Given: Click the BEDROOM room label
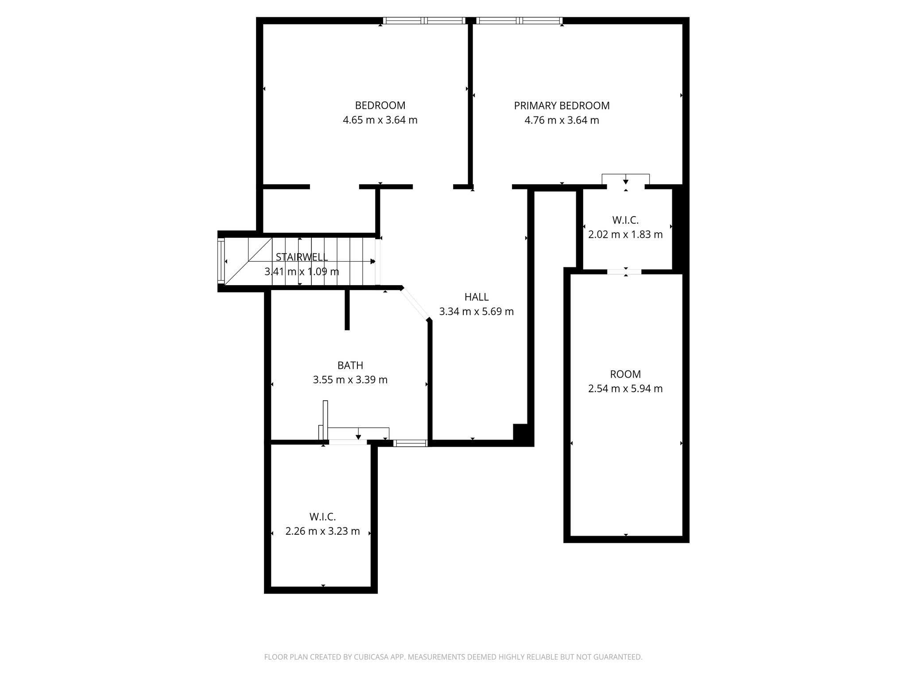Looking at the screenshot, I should pos(380,105).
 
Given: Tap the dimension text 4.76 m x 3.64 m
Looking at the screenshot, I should pos(562,120).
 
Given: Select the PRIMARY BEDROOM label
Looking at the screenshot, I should pos(562,105).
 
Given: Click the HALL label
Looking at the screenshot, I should pos(477,297).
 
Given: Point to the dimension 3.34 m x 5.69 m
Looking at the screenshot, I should pos(477,311).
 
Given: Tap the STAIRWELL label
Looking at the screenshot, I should pos(302,257).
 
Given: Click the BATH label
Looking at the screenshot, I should pos(350,365).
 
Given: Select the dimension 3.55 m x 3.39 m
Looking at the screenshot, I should pos(350,380).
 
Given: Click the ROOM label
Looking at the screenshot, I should pos(625,374).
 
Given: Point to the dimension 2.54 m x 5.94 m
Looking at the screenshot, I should pos(625,389).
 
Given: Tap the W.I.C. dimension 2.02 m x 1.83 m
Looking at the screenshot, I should pos(625,234).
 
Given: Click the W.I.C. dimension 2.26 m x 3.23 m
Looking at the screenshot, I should pos(322,531).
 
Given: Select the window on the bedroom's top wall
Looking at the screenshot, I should pos(424,20).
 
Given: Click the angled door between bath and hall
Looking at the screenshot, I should pos(415,304).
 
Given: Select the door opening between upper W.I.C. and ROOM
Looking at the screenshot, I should pos(624,272).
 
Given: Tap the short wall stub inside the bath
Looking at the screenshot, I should pos(347,310).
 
